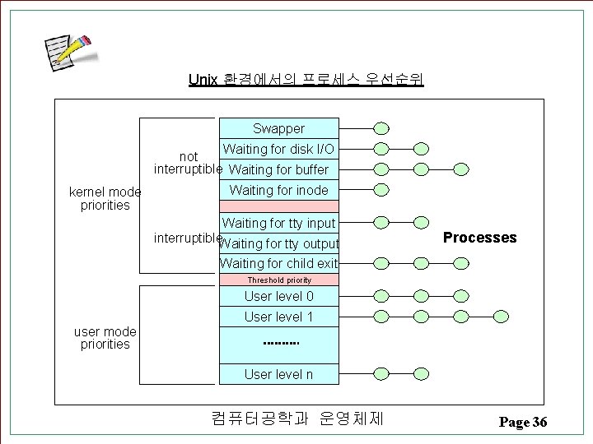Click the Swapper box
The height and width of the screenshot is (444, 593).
(x=278, y=128)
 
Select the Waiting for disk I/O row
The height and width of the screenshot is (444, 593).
(x=278, y=149)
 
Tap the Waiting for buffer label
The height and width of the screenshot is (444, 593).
(x=278, y=169)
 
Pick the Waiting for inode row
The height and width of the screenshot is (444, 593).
(x=278, y=190)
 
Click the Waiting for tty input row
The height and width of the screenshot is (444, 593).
(x=278, y=223)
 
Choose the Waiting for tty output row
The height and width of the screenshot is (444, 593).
(x=279, y=243)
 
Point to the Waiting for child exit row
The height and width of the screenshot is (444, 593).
(x=278, y=263)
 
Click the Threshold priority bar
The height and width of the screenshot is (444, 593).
(x=278, y=280)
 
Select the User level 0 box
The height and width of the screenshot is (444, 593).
(x=278, y=296)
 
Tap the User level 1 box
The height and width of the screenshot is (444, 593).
(x=278, y=317)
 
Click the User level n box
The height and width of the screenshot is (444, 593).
(x=278, y=374)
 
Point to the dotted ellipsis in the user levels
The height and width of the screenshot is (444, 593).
(x=280, y=344)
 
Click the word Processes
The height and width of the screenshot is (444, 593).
(x=479, y=238)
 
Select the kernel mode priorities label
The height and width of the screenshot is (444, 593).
(x=105, y=198)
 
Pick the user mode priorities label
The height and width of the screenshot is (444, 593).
(x=105, y=338)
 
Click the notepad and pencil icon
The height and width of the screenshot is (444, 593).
(x=69, y=53)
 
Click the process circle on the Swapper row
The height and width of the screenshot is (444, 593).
(x=381, y=128)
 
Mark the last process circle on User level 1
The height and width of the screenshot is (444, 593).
(x=501, y=316)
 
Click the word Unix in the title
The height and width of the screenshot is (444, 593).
(x=203, y=80)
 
